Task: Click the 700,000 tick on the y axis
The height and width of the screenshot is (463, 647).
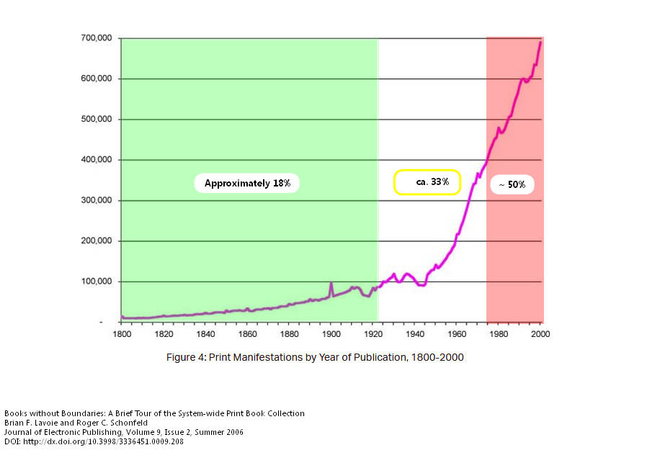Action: click(95, 38)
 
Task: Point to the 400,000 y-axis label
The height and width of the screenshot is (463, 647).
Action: click(95, 160)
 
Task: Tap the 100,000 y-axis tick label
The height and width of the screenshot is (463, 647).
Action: click(95, 282)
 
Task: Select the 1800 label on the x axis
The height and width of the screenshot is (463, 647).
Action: click(121, 335)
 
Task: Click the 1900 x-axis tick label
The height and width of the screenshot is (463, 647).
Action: click(331, 335)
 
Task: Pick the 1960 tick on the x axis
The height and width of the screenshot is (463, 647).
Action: click(456, 335)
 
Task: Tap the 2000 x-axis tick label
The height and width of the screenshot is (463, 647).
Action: click(540, 335)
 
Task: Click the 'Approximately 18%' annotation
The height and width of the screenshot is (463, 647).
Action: click(247, 184)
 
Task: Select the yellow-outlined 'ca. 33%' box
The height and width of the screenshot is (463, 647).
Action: click(427, 182)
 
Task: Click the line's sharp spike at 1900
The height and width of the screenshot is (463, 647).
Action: click(331, 283)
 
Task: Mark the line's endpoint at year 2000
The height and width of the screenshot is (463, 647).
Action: click(540, 42)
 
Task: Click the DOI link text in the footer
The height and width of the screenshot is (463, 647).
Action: click(94, 441)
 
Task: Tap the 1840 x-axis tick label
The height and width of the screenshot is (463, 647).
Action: click(205, 335)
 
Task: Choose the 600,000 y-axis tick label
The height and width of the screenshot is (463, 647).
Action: click(95, 78)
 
